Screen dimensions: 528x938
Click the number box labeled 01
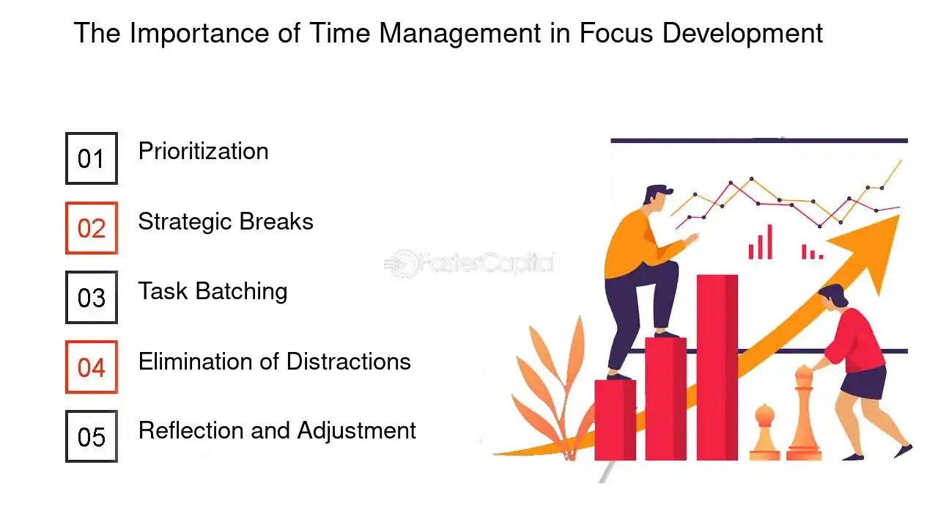point(92,158)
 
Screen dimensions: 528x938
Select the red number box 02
point(92,228)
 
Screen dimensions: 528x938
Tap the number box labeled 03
point(92,298)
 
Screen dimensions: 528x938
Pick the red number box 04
point(92,367)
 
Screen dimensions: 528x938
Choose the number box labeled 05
point(92,436)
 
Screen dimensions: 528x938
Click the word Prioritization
point(203,152)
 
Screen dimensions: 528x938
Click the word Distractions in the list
point(348,361)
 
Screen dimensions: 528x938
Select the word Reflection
point(191,430)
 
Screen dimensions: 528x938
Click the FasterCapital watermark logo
point(470,263)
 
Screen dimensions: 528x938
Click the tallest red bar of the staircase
point(717,367)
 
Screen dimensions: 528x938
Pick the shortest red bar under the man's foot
point(615,419)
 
